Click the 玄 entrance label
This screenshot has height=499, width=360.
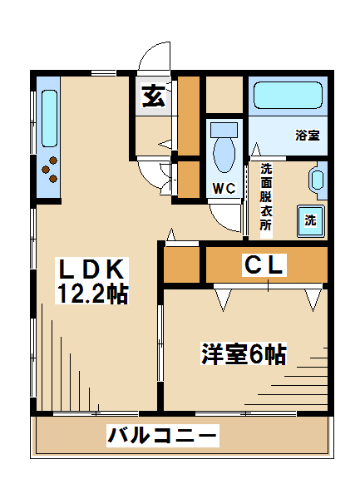[154, 96]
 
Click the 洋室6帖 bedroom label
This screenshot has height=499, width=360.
[244, 354]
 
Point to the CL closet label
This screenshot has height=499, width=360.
[264, 264]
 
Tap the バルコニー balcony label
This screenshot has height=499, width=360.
[162, 435]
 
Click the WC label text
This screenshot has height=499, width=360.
[224, 189]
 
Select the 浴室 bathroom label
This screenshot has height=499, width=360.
[308, 136]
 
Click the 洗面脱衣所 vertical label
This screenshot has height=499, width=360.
[266, 197]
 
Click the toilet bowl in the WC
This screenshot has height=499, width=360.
[224, 156]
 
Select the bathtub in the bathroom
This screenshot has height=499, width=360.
[288, 95]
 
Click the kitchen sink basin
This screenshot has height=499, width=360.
[50, 118]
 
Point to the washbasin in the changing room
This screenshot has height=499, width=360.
[317, 180]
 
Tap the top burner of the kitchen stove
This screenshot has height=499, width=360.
[53, 161]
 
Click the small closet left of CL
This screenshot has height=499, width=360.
[181, 264]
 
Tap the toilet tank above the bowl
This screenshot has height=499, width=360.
[224, 131]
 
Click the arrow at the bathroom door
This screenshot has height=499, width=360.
[256, 149]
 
